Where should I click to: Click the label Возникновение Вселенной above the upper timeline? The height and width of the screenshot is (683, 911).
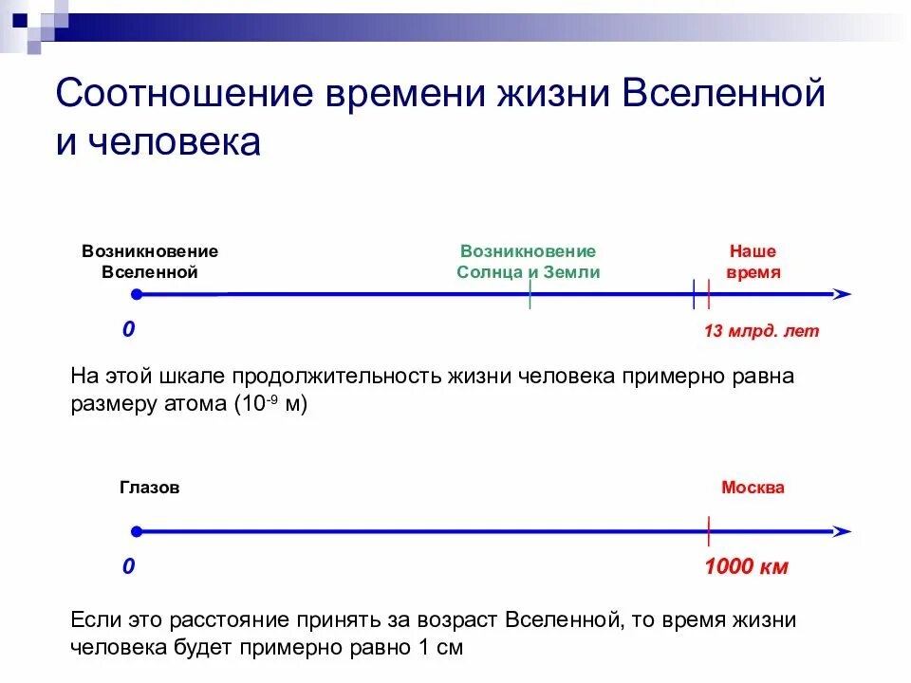click(150, 262)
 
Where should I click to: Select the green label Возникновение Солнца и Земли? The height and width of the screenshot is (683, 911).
click(529, 262)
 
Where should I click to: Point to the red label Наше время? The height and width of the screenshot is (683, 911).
click(753, 262)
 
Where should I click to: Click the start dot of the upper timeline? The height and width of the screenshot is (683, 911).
click(137, 295)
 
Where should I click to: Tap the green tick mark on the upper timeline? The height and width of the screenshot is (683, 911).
click(530, 296)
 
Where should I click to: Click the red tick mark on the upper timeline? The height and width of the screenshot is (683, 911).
click(709, 295)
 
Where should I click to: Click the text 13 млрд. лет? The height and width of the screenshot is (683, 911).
click(761, 332)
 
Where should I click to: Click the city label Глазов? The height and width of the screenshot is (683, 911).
click(149, 488)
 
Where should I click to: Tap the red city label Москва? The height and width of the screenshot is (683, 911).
click(753, 488)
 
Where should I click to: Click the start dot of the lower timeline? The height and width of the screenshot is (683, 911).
click(137, 531)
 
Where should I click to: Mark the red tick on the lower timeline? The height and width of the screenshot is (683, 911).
click(708, 531)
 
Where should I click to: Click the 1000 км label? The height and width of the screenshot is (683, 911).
click(747, 568)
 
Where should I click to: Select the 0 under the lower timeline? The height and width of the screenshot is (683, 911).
click(128, 567)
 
